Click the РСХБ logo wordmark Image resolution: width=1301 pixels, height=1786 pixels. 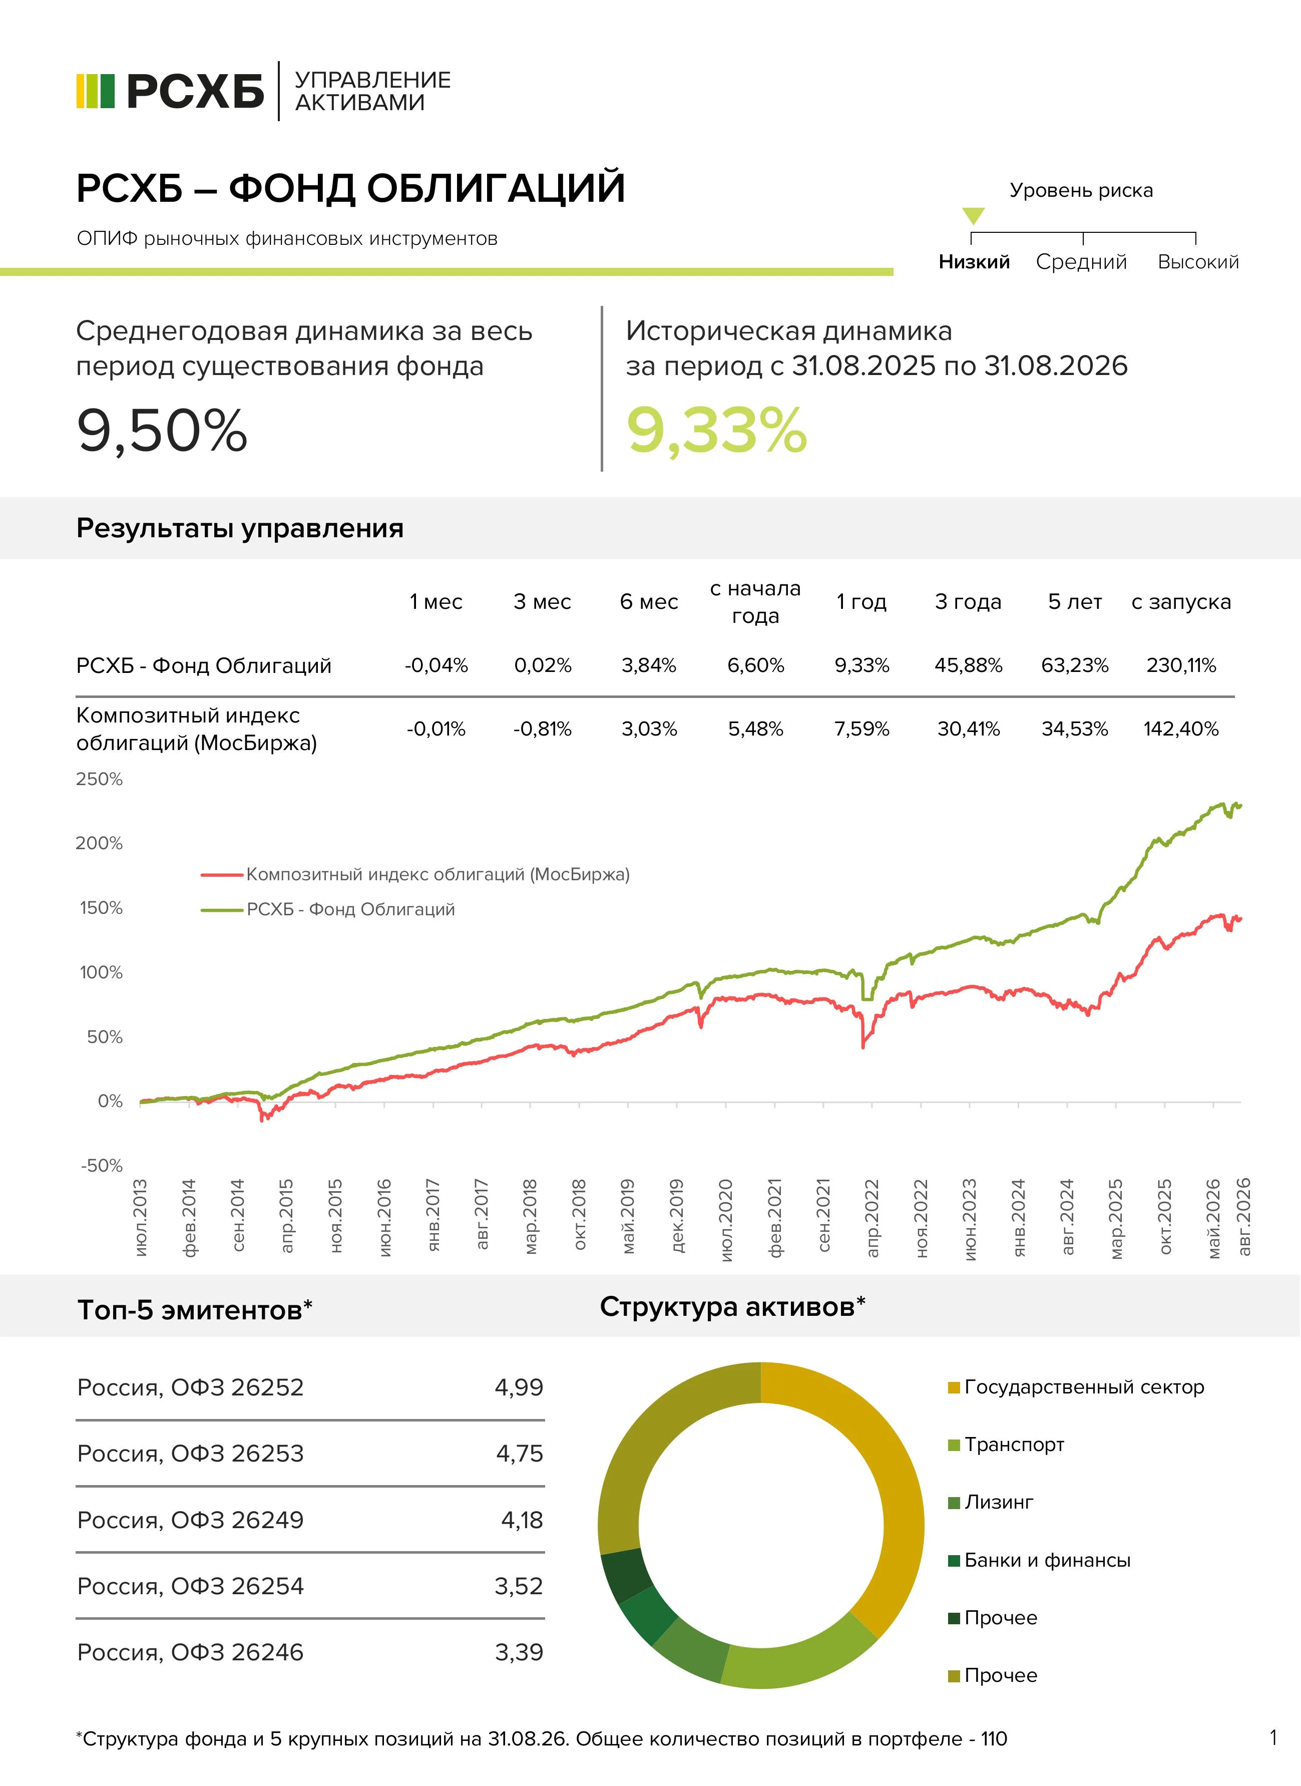click(x=195, y=92)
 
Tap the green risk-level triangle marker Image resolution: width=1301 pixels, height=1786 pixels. click(x=974, y=216)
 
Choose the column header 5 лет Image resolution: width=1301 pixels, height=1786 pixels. click(x=1074, y=602)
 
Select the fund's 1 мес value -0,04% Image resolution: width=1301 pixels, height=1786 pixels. click(x=437, y=666)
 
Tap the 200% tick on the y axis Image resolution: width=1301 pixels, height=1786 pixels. click(x=99, y=843)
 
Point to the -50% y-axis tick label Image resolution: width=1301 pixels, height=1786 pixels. click(x=102, y=1165)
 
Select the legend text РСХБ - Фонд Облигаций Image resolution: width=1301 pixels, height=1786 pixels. click(x=350, y=909)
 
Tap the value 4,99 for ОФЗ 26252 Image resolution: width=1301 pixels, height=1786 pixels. click(x=519, y=1387)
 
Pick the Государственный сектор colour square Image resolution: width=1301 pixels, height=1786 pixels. click(x=954, y=1387)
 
